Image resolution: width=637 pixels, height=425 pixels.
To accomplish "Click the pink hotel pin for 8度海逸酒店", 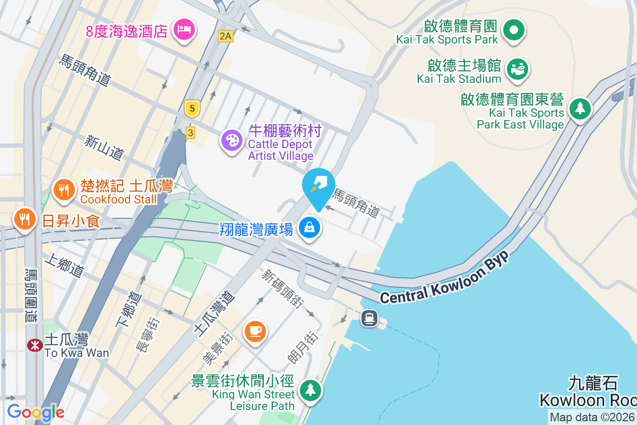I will [184, 30].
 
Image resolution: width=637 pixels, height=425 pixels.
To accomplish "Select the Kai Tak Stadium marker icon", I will [517, 69].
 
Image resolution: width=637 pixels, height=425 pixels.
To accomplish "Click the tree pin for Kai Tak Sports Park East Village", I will [580, 109].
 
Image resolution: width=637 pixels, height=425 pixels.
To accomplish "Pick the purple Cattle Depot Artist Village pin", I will [232, 141].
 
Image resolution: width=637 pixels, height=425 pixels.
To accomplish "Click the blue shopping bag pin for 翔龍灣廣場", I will [309, 228].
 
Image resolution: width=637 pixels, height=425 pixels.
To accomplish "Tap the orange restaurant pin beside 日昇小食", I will [24, 219].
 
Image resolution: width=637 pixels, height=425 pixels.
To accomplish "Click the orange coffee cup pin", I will [255, 330].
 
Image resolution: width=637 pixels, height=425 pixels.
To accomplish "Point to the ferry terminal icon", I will [369, 318].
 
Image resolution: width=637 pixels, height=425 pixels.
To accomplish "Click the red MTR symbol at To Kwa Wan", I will [35, 345].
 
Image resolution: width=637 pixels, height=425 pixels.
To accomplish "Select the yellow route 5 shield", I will [192, 109].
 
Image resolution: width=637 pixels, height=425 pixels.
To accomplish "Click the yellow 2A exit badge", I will [226, 36].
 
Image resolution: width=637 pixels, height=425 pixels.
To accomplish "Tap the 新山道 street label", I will [104, 147].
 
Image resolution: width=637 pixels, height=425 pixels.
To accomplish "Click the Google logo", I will [36, 412].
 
